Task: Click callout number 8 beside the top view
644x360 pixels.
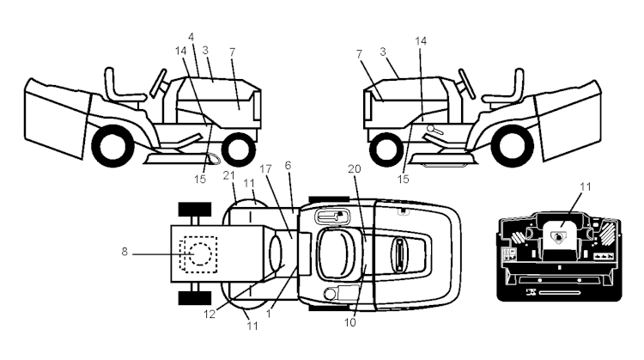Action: (125, 252)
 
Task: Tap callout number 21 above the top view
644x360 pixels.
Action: (228, 175)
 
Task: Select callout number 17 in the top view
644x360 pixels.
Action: (265, 169)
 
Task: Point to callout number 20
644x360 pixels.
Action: (354, 169)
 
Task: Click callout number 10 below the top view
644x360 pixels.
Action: (350, 322)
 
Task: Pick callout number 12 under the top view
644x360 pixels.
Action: (210, 314)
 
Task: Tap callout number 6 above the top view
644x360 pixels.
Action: (288, 165)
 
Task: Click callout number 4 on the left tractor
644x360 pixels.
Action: (191, 37)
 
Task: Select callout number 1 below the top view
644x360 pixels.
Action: (269, 314)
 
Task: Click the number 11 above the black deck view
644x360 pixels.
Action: (585, 187)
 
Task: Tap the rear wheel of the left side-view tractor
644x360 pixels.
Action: (113, 145)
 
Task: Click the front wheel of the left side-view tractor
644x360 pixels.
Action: (238, 149)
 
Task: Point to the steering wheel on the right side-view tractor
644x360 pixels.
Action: (467, 84)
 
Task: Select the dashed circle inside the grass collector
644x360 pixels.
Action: (199, 254)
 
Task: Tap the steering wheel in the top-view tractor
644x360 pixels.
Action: (398, 256)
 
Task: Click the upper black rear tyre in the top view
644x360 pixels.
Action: (195, 209)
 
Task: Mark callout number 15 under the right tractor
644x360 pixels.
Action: (404, 180)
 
